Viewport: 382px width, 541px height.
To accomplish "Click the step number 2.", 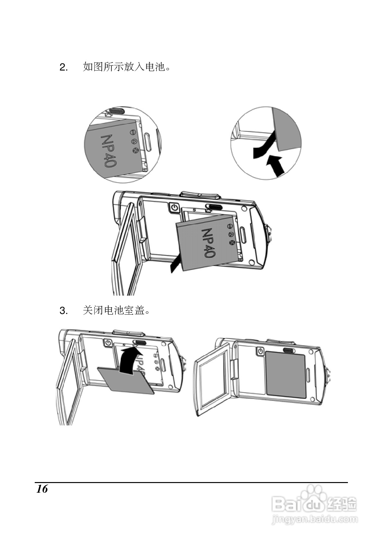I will pyautogui.click(x=63, y=67).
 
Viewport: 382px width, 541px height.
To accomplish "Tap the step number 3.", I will pyautogui.click(x=63, y=311).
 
